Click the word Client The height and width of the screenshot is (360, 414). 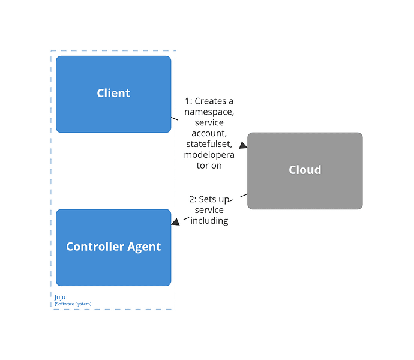click(x=113, y=93)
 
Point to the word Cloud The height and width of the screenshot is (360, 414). click(x=305, y=170)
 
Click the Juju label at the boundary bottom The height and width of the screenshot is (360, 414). click(x=60, y=296)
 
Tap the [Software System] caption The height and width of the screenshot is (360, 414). click(x=73, y=304)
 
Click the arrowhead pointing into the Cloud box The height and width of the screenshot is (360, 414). click(x=243, y=145)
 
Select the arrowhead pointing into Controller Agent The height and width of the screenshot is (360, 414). click(x=175, y=222)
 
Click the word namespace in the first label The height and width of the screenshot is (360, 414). click(x=209, y=112)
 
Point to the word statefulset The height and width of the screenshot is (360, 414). click(x=208, y=144)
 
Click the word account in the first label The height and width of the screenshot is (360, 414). click(x=209, y=133)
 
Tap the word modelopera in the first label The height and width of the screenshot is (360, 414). click(x=209, y=155)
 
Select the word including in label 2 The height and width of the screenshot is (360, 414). click(x=209, y=221)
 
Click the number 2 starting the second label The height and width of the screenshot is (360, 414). click(x=192, y=199)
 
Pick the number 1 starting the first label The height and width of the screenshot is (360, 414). click(x=187, y=101)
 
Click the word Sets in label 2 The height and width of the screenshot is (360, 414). click(x=208, y=199)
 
